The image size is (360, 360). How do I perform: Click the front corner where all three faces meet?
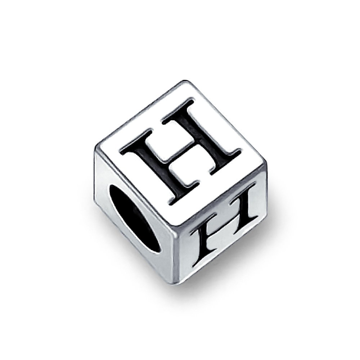pos(173,236)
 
